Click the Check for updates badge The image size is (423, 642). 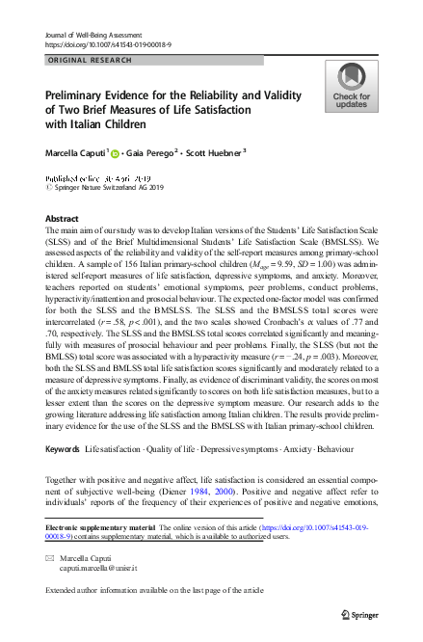(351, 86)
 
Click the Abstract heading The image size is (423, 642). (63, 219)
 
